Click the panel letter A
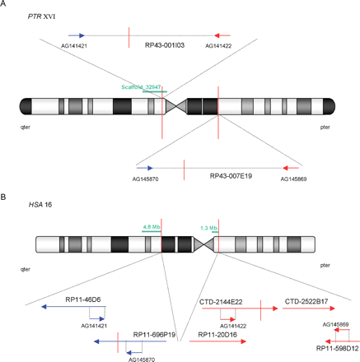[x=5, y=5]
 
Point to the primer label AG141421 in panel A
[x=75, y=48]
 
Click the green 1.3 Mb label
[x=209, y=226]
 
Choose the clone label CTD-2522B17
[x=306, y=302]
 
